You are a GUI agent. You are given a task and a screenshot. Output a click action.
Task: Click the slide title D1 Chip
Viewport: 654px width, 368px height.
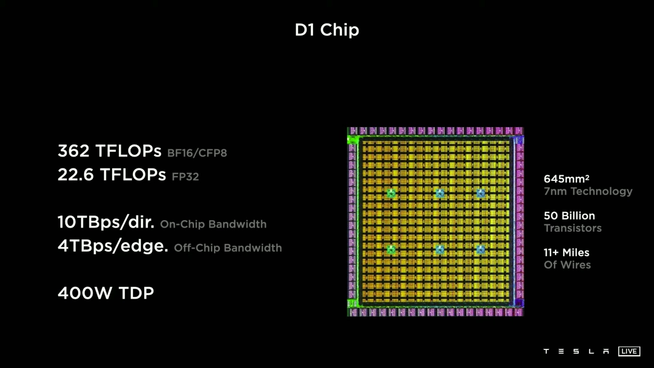(x=327, y=30)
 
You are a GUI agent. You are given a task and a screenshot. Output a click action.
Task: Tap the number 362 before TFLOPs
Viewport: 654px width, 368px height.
(x=73, y=151)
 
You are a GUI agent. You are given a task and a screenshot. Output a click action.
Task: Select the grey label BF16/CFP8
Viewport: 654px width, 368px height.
(x=197, y=153)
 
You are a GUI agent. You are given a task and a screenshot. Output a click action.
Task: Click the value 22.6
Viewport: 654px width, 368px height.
(x=76, y=175)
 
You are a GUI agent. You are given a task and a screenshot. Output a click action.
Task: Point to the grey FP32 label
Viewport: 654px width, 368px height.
(x=186, y=176)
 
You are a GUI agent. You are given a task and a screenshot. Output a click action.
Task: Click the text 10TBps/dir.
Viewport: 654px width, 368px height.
(x=106, y=222)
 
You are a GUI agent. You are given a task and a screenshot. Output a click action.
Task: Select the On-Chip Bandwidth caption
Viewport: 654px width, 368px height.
(x=213, y=224)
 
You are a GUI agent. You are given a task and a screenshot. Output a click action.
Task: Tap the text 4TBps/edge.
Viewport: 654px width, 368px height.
(x=113, y=246)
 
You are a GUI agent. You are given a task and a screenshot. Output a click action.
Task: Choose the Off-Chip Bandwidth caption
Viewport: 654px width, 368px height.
(x=228, y=248)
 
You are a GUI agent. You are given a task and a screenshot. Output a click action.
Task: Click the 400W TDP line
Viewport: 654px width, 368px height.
(x=106, y=293)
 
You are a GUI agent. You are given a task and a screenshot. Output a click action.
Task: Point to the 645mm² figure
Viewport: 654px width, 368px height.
(x=567, y=179)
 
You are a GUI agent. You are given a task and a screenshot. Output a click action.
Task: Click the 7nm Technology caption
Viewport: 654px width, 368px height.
(x=588, y=191)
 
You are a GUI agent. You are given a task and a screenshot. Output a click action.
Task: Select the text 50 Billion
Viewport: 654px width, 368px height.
(x=569, y=216)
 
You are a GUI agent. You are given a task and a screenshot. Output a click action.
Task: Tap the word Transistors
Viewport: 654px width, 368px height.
(x=572, y=228)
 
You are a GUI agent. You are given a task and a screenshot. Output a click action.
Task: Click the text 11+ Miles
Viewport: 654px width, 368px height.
(x=567, y=253)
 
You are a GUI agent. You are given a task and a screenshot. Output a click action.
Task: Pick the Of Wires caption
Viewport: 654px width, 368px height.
(x=567, y=265)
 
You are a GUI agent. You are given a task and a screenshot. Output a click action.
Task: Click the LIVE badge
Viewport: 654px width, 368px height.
(x=629, y=351)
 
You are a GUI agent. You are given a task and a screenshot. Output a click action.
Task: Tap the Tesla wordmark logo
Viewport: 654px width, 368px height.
(x=576, y=351)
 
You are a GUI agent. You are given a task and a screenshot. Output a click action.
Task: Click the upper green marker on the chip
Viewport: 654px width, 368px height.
(x=391, y=193)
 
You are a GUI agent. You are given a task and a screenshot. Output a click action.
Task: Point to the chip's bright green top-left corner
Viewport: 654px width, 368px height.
(x=352, y=140)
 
